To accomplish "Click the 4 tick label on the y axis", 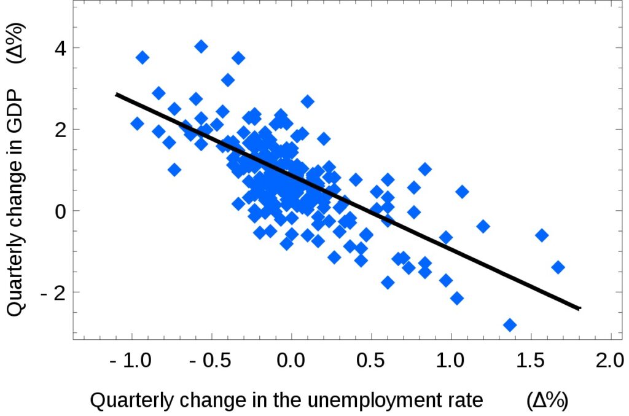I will coord(58,47).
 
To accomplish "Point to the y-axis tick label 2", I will coord(58,129).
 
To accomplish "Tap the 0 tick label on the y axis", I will coord(58,211).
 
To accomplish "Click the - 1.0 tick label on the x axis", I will coord(130,361).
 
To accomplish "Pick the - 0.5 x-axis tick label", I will coord(210,361).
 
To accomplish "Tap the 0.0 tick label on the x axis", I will coord(291,361).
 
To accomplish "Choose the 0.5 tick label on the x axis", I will coord(371,361).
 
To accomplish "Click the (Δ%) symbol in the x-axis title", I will coord(547,401).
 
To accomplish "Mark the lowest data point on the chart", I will coord(509,325).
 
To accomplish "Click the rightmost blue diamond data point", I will coord(558,267).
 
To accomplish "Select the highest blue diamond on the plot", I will coord(201,46).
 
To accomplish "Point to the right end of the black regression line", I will coord(579,308).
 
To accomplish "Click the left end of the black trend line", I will coord(117,95).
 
